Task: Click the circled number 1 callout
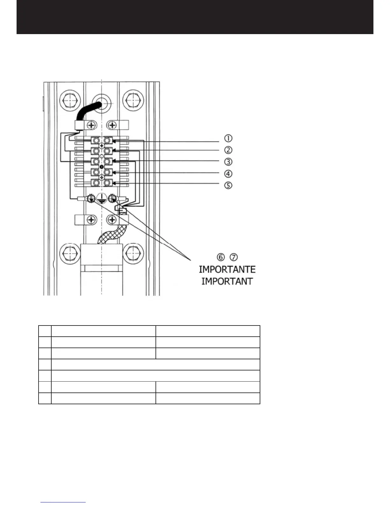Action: [228, 138]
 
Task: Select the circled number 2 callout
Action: [228, 150]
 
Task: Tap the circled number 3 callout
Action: [228, 162]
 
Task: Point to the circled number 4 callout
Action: [228, 174]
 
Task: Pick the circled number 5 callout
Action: [228, 185]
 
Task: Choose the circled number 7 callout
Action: [235, 257]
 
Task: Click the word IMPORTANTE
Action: [227, 269]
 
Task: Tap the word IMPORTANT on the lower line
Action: [227, 282]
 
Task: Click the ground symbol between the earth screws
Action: [102, 199]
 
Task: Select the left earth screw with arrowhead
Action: [91, 199]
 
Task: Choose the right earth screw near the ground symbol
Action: [112, 199]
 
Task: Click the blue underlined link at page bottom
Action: [63, 502]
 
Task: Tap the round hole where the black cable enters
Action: [102, 100]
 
